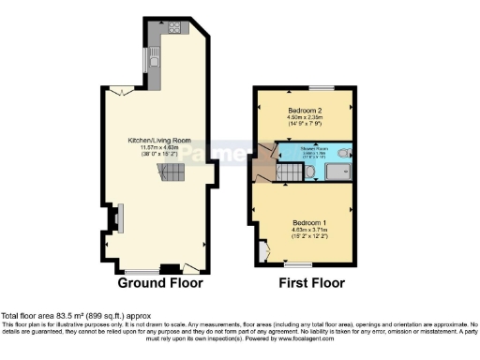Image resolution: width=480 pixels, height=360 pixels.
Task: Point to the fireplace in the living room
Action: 112,217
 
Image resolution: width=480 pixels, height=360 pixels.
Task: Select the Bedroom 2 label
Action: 306,111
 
